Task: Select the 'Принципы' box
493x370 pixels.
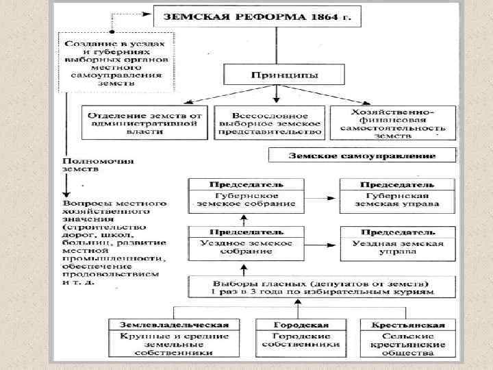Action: (x=275, y=74)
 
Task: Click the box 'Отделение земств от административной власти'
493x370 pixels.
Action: (x=144, y=121)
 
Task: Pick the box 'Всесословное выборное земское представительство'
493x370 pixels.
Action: (x=268, y=121)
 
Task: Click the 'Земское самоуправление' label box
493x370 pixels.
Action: (x=363, y=156)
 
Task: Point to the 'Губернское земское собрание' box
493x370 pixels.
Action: (x=246, y=199)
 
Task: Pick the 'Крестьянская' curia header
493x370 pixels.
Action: (x=409, y=325)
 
